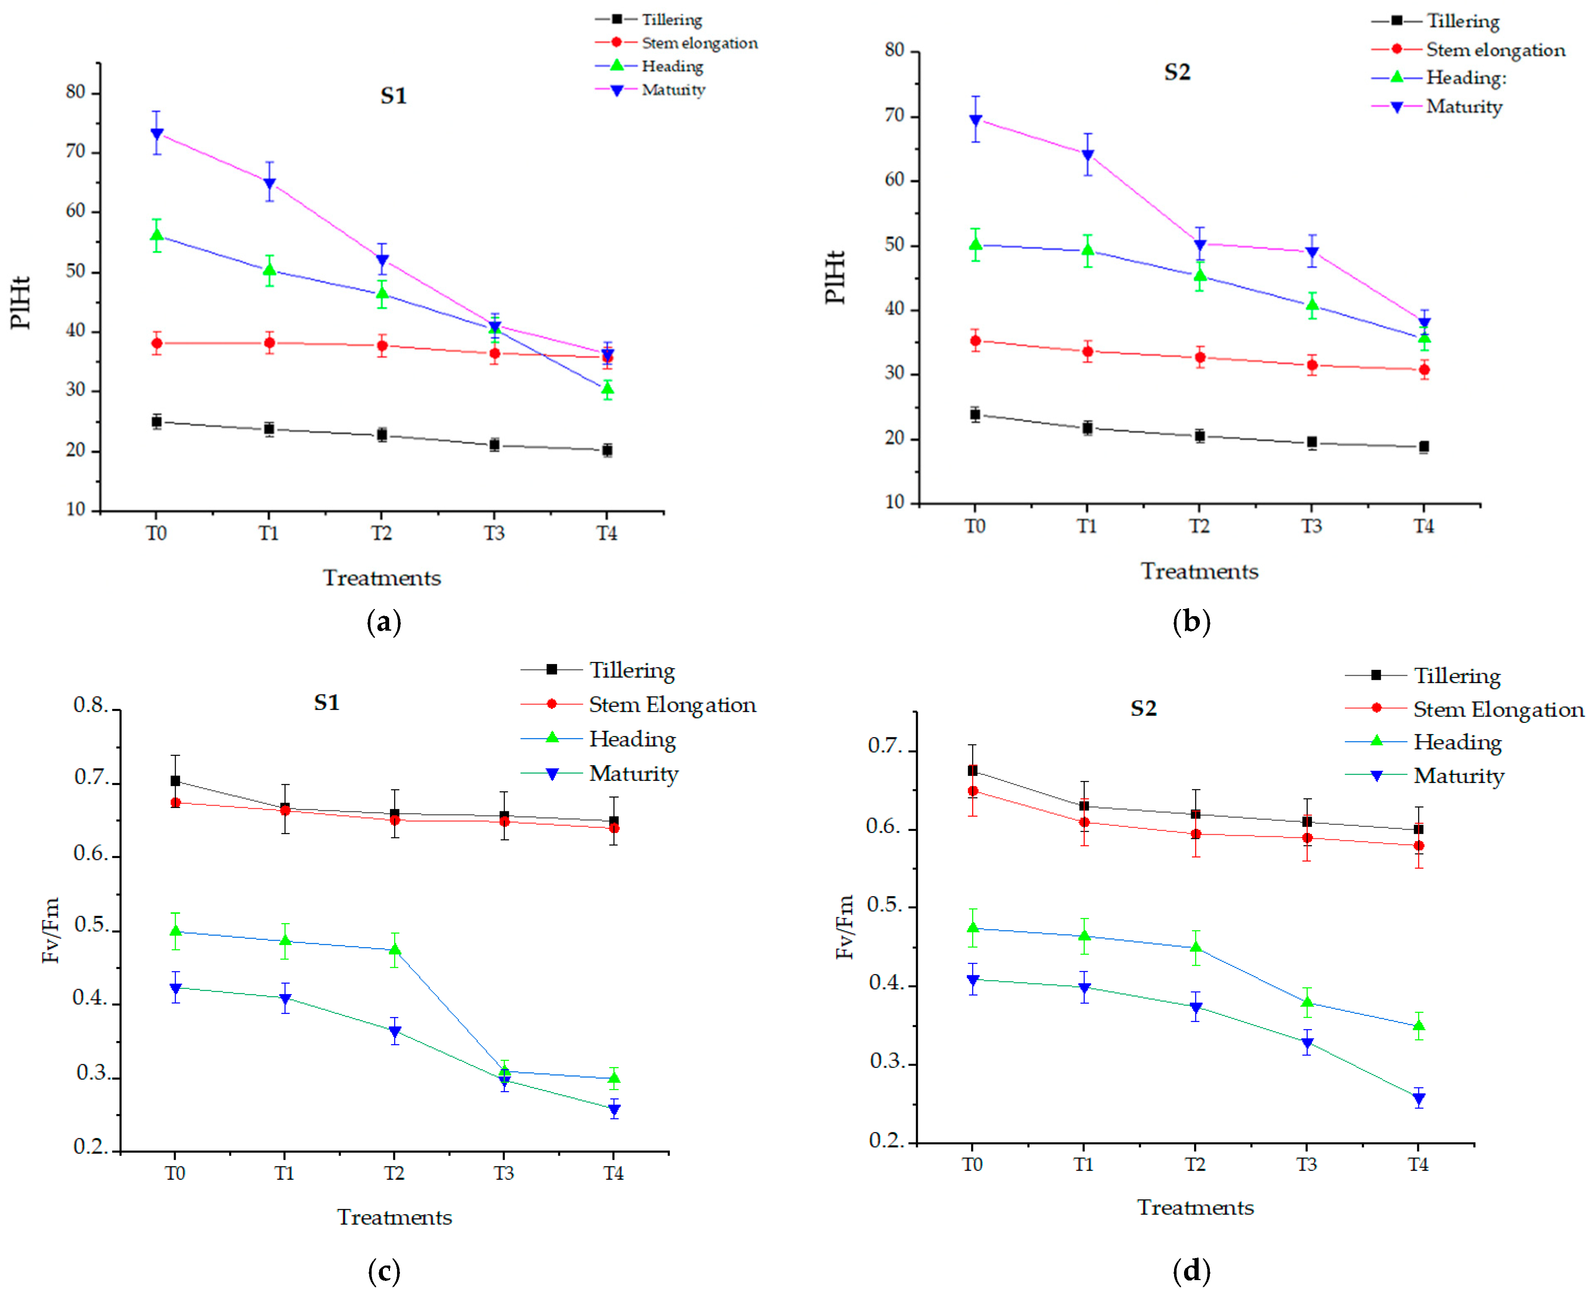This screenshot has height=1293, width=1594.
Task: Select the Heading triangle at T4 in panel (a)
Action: point(607,389)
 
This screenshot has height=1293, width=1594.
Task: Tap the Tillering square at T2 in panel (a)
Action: point(382,434)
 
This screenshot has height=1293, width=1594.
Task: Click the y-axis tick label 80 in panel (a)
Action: point(76,92)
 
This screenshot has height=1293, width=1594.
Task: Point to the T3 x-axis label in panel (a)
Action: point(494,533)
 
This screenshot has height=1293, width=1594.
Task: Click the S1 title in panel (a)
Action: point(393,96)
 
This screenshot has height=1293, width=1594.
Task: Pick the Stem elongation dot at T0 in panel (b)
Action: point(975,341)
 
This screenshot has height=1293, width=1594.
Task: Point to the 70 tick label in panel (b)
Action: point(894,116)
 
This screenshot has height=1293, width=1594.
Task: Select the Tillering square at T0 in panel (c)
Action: point(175,781)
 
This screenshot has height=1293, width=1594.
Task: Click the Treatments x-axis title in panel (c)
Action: point(394,1218)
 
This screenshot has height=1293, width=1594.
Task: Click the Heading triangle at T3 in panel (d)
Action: point(1307,1002)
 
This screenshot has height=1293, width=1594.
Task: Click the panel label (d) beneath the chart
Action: point(1191,1271)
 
